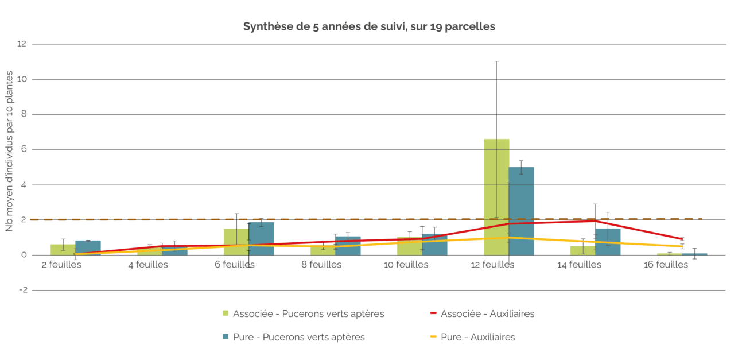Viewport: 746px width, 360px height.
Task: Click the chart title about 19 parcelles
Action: point(368,26)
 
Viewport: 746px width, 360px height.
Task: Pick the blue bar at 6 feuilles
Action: point(261,238)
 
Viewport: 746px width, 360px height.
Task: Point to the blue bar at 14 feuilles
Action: point(608,242)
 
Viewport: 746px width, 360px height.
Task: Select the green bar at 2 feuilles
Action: point(63,250)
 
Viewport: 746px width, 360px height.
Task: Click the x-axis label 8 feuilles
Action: point(321,265)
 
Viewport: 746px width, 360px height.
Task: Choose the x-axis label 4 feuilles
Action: point(148,265)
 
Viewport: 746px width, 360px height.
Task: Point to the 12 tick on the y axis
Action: point(22,44)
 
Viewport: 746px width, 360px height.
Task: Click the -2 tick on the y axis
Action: point(22,290)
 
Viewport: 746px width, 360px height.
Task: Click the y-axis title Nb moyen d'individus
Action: point(9,150)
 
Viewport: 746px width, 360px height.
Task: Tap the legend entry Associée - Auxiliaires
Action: point(487,314)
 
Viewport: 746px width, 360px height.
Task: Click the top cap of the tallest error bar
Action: point(496,61)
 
